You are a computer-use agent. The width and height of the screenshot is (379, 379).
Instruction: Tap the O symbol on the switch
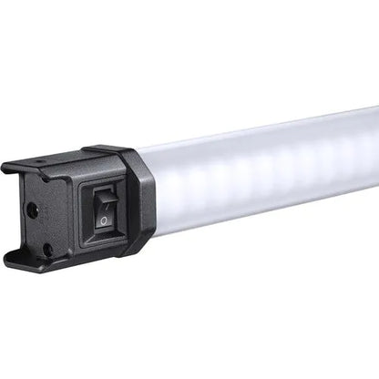click(105, 220)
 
